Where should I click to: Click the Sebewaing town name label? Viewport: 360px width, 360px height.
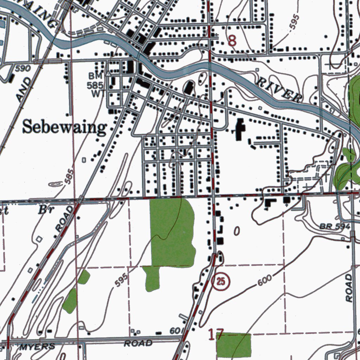64,128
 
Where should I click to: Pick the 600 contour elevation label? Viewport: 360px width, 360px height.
264,280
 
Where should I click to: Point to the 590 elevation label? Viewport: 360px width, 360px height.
23,68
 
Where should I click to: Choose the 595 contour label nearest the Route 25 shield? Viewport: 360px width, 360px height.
122,280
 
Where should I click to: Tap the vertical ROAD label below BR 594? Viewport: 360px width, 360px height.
349,288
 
